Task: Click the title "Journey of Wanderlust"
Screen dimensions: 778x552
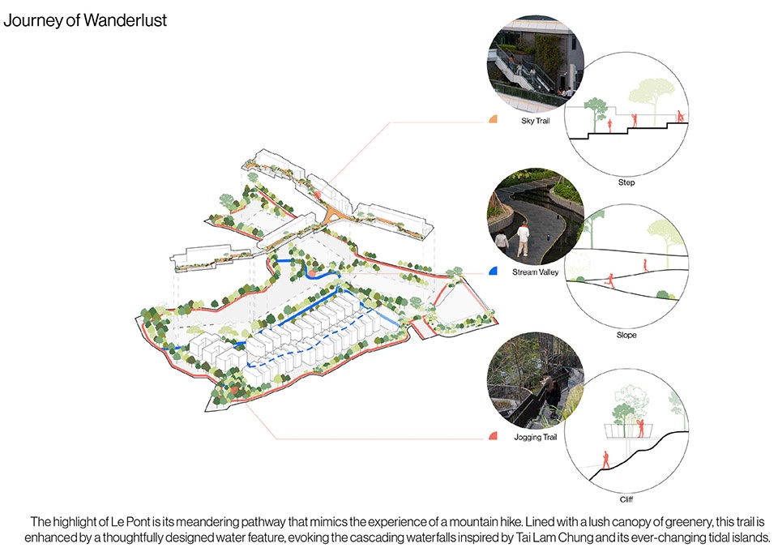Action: (85, 20)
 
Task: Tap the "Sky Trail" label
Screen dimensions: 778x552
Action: (536, 121)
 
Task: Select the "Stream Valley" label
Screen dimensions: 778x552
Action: (536, 272)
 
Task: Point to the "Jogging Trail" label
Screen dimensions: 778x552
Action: (536, 437)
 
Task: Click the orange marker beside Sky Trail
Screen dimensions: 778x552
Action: (494, 119)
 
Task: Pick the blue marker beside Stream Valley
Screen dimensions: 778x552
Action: (494, 271)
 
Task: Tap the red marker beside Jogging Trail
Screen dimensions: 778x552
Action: (494, 436)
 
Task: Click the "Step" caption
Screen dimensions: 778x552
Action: (626, 182)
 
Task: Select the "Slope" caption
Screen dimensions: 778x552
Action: (626, 335)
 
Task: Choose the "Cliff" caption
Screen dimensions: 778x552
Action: (626, 499)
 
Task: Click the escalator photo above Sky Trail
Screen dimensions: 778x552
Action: (536, 63)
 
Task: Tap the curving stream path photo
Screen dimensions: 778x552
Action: (536, 216)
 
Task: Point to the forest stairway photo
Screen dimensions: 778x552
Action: (536, 381)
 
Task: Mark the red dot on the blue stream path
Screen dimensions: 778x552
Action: (311, 273)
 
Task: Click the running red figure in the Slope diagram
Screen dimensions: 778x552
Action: (609, 280)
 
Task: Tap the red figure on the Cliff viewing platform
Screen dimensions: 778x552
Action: (640, 428)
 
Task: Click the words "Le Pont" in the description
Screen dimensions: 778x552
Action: (130, 522)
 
